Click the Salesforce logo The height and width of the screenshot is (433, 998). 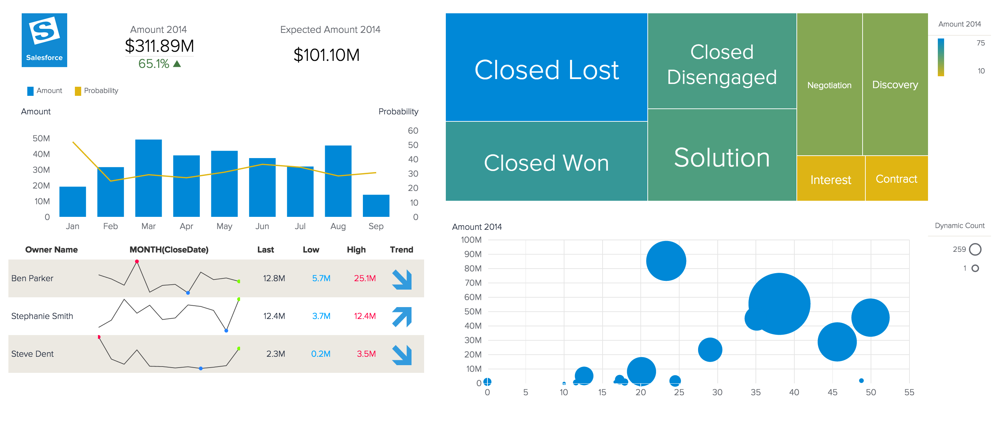coord(44,40)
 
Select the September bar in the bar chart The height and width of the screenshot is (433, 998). coord(375,206)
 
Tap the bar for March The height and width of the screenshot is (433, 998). coord(148,178)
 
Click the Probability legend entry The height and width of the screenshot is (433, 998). coord(97,91)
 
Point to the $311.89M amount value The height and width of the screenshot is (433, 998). coord(159,46)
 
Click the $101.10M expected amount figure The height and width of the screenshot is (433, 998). coord(326,55)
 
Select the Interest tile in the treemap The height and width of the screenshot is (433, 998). coord(830,179)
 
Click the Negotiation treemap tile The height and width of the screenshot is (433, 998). coord(829,85)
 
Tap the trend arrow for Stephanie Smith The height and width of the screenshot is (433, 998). coord(401,317)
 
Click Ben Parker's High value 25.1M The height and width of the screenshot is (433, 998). coord(365,278)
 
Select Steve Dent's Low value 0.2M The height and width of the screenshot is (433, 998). coord(321,354)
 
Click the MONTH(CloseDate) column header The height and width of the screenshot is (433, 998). coord(169,250)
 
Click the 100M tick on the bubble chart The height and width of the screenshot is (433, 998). coord(471,240)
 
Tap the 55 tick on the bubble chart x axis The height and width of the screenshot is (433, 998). coord(909,392)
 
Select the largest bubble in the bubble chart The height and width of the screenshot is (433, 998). coord(779,304)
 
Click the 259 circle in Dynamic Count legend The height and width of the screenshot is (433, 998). coord(975,249)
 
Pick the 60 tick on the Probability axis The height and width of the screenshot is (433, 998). coord(413,131)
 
